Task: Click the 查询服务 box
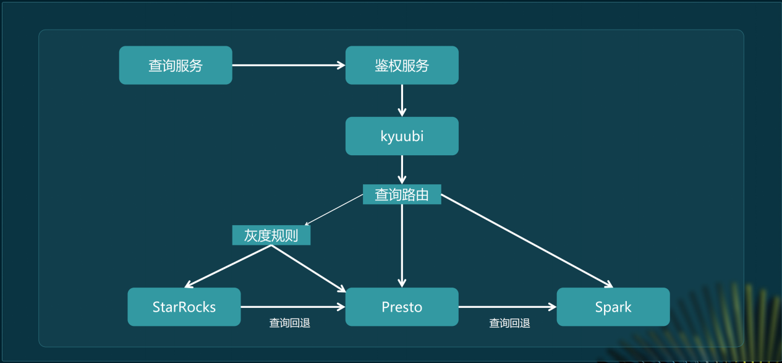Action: (176, 65)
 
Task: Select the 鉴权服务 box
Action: (402, 65)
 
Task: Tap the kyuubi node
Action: (402, 136)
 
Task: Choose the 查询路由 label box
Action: (402, 195)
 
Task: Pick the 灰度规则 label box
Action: (271, 236)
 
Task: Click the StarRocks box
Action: (184, 307)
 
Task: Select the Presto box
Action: (402, 307)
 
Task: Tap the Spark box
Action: (613, 307)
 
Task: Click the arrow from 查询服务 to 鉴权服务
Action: (288, 65)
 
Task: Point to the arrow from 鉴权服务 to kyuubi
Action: (402, 100)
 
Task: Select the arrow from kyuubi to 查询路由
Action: (402, 169)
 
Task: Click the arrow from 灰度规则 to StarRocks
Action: (228, 267)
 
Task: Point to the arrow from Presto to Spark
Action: (508, 307)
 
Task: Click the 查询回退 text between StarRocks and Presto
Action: (289, 323)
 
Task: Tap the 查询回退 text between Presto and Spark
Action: (509, 323)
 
